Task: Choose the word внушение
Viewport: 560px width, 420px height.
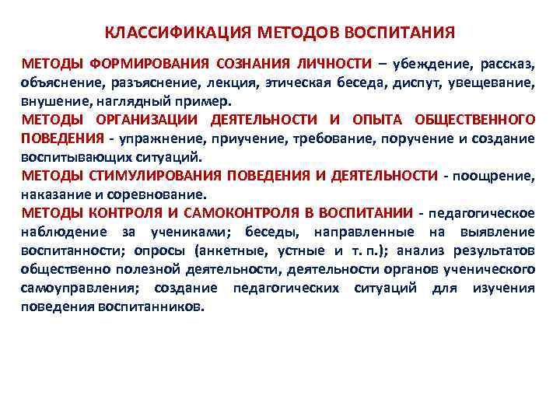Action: (x=54, y=101)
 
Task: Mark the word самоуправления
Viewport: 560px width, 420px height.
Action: (x=75, y=288)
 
